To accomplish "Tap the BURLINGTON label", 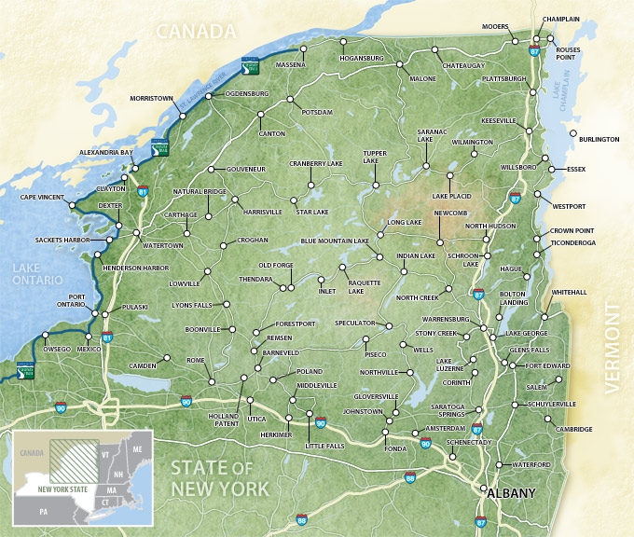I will click(599, 139).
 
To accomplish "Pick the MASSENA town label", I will click(291, 65).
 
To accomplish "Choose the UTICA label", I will click(257, 421).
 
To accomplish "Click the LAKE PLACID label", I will click(451, 197).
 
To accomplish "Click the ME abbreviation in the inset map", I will click(137, 449).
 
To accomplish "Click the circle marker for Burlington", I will click(572, 130).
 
